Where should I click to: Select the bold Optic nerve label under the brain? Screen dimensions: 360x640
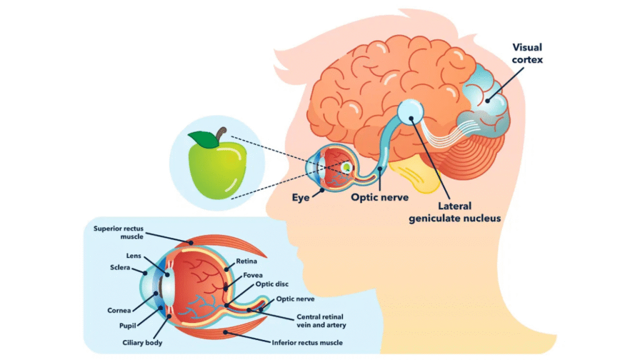[379, 197]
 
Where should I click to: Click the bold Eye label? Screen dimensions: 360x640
[301, 197]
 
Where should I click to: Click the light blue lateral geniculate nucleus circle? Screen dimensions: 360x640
[411, 111]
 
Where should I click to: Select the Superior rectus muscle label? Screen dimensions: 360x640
[119, 232]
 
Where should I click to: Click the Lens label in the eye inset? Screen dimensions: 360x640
[134, 256]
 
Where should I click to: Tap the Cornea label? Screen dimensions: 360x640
[119, 309]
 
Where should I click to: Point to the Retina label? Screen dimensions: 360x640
[246, 261]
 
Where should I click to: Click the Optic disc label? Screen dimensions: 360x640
[271, 284]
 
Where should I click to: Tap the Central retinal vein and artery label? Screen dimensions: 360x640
[321, 321]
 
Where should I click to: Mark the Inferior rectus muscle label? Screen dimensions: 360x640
[307, 342]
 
